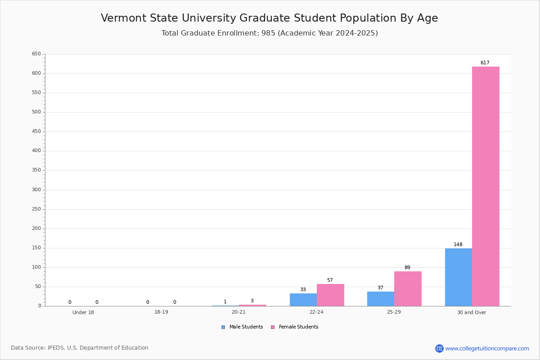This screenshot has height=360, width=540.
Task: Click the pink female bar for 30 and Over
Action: click(x=486, y=186)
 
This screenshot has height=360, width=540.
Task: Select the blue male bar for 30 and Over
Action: click(x=459, y=277)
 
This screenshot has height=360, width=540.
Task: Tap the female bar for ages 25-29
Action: click(x=408, y=289)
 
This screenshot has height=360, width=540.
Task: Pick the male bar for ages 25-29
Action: click(x=381, y=299)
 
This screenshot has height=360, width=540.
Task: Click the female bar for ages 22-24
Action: click(x=330, y=295)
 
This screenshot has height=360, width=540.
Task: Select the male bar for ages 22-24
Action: click(x=303, y=300)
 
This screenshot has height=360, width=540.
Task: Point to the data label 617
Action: click(x=485, y=63)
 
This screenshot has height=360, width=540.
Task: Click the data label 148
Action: click(x=458, y=244)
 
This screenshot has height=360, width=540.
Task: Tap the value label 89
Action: click(x=407, y=267)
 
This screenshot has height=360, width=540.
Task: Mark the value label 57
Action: click(x=330, y=280)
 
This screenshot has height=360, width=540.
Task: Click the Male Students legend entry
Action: click(x=242, y=327)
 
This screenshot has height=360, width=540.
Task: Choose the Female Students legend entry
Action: click(x=295, y=327)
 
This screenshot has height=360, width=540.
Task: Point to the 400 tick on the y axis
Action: click(x=36, y=151)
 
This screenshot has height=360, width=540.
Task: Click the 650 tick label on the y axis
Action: click(x=36, y=54)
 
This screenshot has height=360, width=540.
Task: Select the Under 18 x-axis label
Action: click(x=83, y=312)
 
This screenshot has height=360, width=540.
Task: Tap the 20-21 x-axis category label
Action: click(x=238, y=312)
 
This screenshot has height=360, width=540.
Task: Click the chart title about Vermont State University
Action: click(x=269, y=18)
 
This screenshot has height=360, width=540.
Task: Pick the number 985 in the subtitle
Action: click(x=268, y=33)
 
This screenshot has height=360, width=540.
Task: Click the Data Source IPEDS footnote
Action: click(x=80, y=348)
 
